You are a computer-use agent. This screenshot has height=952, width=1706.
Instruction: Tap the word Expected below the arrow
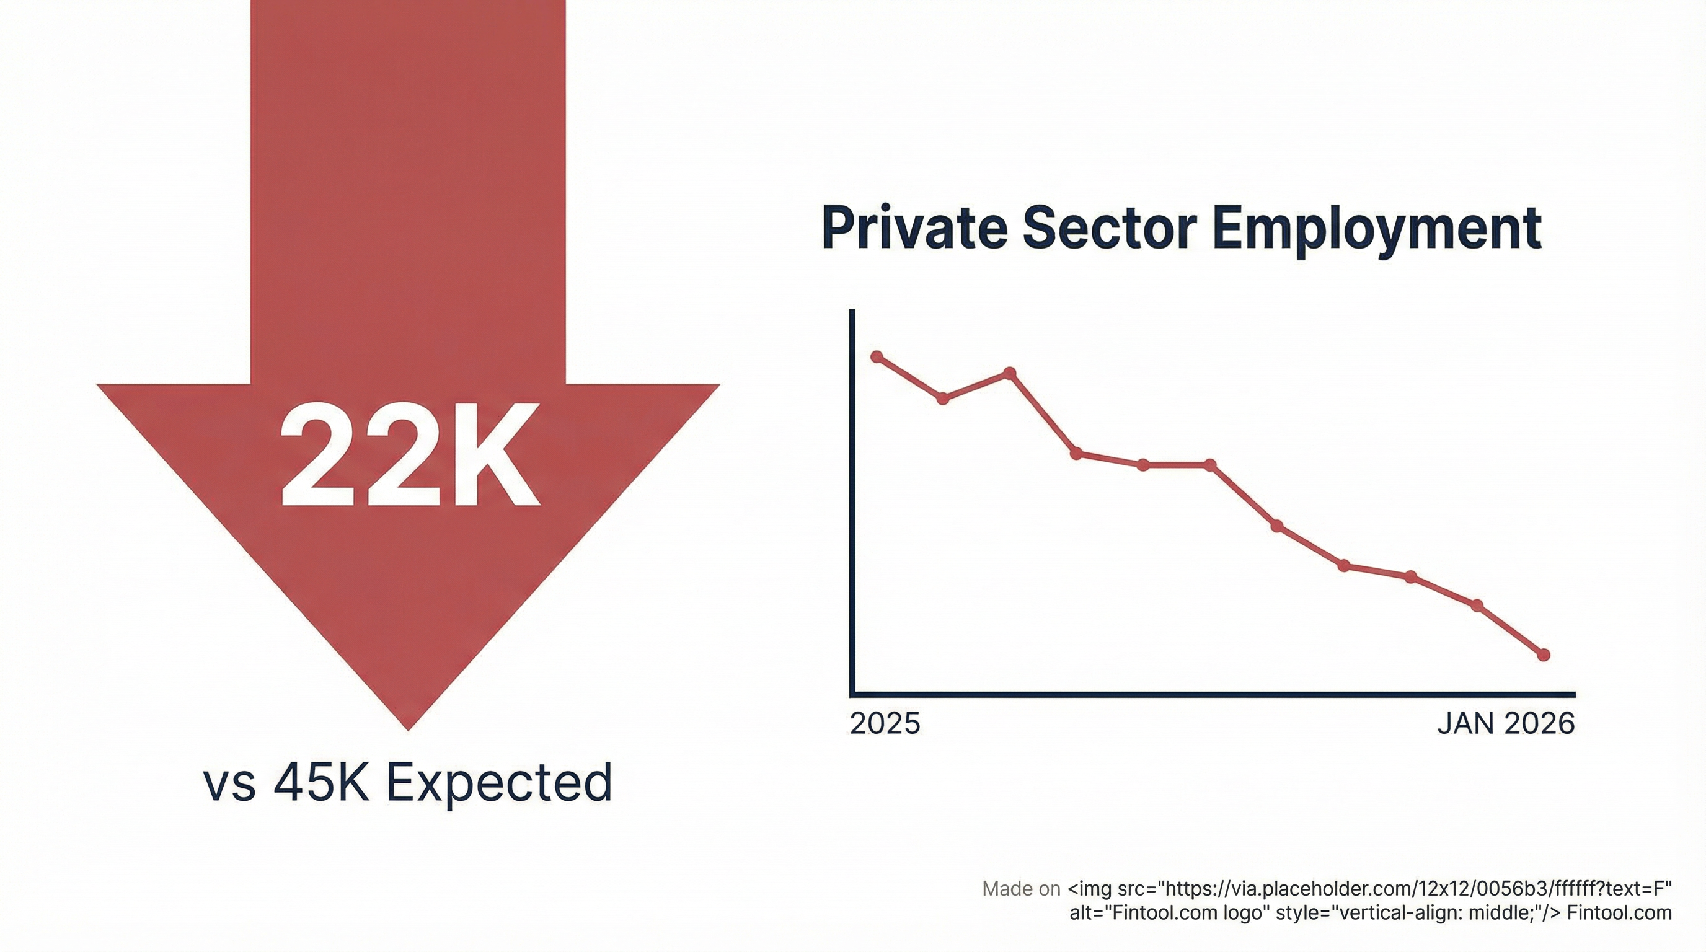point(498,784)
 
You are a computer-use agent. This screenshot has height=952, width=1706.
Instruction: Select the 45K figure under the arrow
point(320,783)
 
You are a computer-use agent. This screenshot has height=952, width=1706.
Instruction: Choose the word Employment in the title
point(1377,231)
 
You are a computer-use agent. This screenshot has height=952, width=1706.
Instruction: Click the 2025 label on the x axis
point(885,723)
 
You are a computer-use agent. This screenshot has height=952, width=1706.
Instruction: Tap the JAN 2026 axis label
point(1505,723)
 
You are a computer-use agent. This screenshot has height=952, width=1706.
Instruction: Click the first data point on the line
point(878,357)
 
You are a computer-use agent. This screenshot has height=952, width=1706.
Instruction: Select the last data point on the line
point(1543,654)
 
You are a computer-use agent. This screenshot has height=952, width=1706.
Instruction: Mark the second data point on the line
point(944,399)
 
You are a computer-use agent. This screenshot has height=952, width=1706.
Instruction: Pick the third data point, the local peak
point(1010,373)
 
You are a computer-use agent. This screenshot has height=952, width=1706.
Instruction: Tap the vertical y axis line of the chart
point(852,503)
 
